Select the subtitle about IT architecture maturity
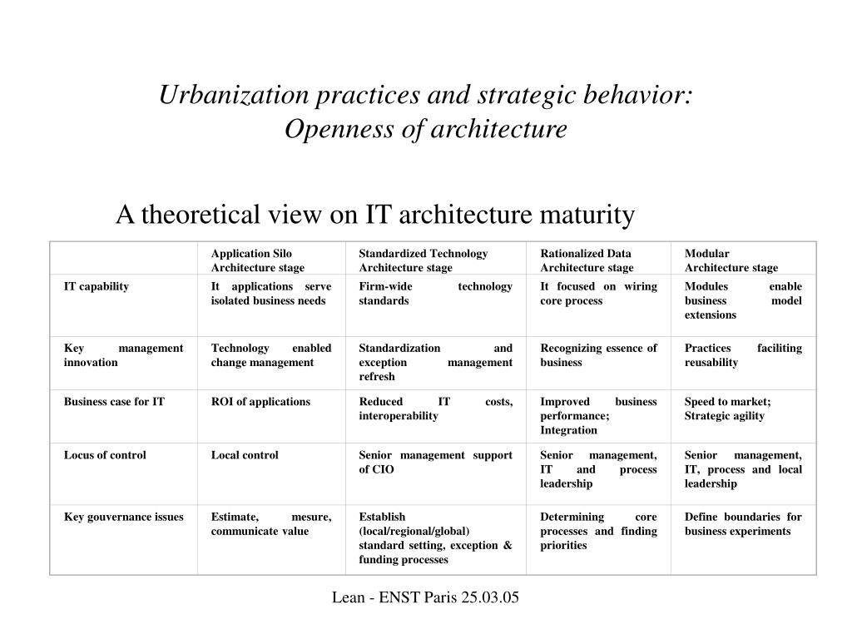point(374,215)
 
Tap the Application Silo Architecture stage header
point(257,260)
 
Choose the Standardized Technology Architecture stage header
point(423,260)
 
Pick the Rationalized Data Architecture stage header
point(587,260)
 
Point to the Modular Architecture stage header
point(731,260)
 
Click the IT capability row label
point(97,286)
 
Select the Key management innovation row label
point(123,355)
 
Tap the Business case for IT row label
point(114,402)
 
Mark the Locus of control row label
point(105,455)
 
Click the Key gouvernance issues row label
point(123,517)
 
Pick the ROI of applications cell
point(260,402)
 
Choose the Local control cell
point(245,455)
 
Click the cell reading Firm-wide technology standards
point(435,293)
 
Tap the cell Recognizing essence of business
point(598,355)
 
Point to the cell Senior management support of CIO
point(435,462)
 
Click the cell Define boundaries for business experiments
point(743,523)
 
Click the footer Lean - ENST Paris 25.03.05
point(425,597)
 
